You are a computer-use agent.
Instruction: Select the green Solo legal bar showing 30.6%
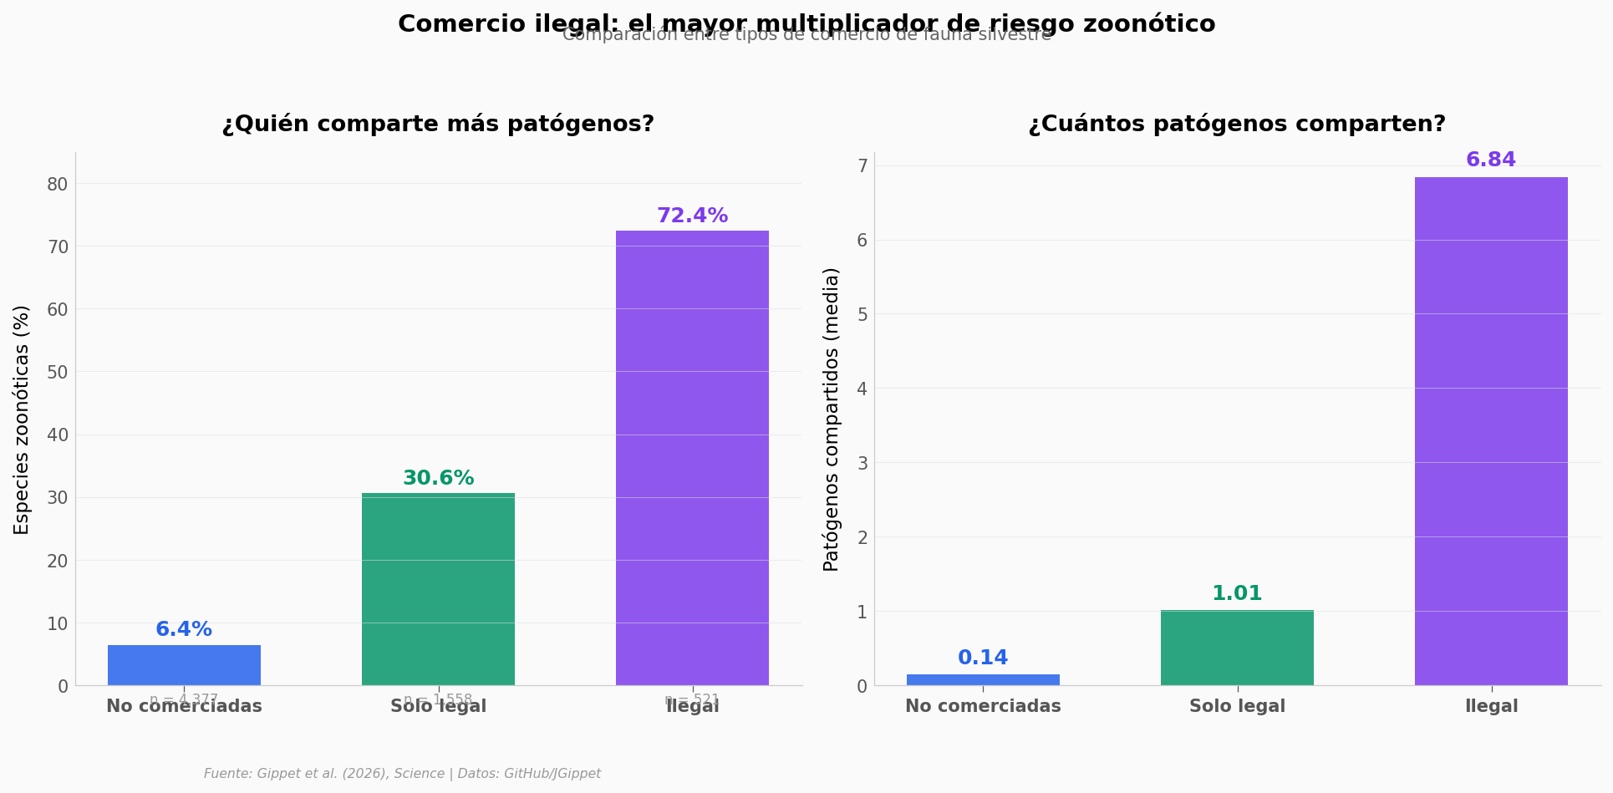click(x=438, y=589)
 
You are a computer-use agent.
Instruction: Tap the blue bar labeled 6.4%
click(x=184, y=665)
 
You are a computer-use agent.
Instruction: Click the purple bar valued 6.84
click(x=1491, y=431)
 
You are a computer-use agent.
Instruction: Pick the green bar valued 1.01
click(x=1237, y=648)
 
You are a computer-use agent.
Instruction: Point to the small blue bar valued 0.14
click(x=983, y=679)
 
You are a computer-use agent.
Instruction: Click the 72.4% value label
click(x=692, y=216)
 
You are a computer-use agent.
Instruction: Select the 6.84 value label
click(x=1491, y=160)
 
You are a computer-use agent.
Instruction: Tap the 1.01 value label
click(x=1237, y=594)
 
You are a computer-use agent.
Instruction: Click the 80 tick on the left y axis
click(x=58, y=184)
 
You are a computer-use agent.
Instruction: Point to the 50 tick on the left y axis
click(x=58, y=373)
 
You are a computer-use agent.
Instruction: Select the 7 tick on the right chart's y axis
click(x=862, y=166)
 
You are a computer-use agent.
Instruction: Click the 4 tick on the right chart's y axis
click(x=862, y=389)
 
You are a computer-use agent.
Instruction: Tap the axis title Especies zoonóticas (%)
click(x=22, y=419)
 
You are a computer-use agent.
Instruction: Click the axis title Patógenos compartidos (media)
click(x=831, y=419)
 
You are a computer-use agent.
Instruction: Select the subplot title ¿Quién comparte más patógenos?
click(x=438, y=125)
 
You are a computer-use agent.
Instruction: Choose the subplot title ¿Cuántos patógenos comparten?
click(x=1237, y=125)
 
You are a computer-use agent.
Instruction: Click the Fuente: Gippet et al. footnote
click(x=402, y=774)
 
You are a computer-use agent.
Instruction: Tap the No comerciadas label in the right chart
click(x=983, y=707)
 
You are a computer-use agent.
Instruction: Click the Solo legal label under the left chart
click(x=438, y=708)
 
